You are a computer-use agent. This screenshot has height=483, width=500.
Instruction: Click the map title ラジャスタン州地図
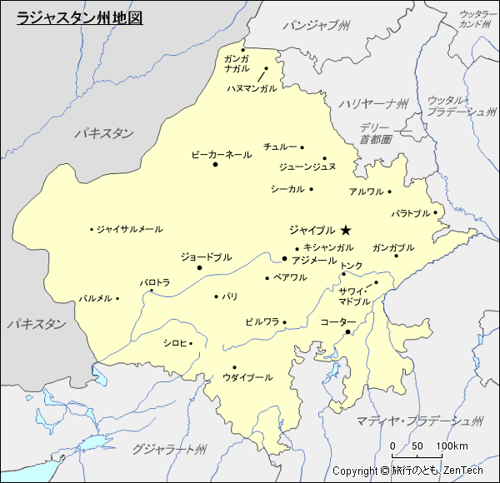80,16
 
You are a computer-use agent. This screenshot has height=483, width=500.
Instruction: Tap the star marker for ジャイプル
346,230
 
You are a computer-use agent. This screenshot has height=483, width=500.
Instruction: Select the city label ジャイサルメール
129,229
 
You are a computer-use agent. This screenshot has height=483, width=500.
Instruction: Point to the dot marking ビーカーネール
215,164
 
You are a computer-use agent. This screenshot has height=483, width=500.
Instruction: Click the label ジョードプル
206,257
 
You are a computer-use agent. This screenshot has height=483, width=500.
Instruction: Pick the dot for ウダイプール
234,367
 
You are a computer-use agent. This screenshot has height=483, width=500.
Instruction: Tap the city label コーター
337,321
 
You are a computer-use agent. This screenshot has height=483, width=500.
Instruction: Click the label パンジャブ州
316,26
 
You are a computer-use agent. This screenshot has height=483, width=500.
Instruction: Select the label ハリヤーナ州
373,103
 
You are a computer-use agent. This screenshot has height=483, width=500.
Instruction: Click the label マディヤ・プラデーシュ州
419,420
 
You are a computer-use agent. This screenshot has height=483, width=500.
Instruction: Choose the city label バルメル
95,298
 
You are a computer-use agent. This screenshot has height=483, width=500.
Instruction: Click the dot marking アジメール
284,258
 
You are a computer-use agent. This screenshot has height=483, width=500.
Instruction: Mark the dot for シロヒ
191,343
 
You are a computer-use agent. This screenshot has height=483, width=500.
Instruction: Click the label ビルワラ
262,321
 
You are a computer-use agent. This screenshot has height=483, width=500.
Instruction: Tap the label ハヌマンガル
251,87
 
